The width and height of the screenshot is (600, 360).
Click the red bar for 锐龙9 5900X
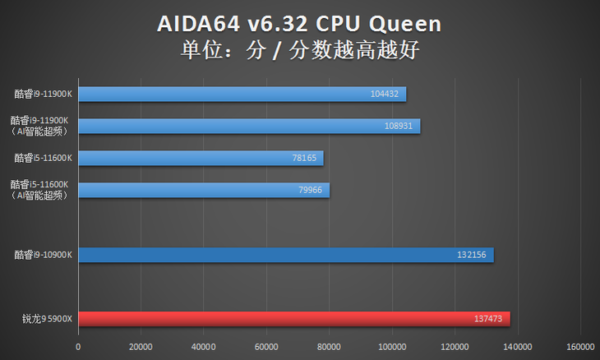point(293,319)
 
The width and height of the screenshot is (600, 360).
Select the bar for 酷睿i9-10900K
point(285,255)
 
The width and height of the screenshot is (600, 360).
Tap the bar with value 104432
point(242,94)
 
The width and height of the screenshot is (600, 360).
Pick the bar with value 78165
point(201,158)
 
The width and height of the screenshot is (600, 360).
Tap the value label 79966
point(309,191)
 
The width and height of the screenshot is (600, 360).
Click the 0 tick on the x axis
point(78,346)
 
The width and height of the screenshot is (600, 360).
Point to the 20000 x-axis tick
point(141,346)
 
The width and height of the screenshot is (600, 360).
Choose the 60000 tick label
point(266,346)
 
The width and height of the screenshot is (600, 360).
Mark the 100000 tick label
point(392,346)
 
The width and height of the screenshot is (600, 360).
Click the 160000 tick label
point(581,346)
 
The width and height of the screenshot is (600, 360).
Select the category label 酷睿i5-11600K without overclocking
point(44,158)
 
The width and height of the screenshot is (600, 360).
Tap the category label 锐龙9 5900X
point(48,319)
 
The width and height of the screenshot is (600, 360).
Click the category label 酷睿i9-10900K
point(44,255)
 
